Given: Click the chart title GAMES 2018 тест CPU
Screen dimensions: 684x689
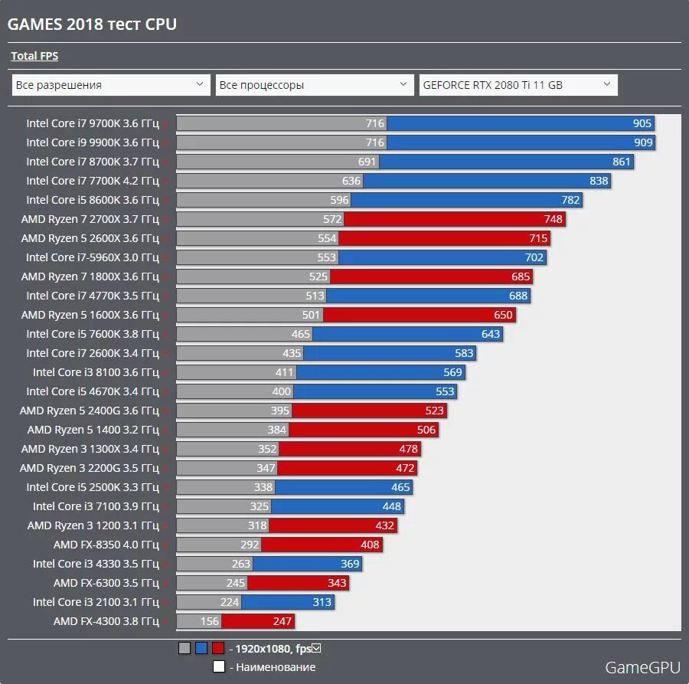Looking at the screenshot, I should click(92, 25).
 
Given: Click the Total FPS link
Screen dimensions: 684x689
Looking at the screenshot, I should click(34, 56).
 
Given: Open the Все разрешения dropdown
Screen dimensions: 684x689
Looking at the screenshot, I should click(111, 85).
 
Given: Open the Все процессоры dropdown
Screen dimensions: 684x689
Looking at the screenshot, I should click(315, 85).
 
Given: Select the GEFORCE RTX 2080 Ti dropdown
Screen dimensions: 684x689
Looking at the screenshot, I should click(518, 85).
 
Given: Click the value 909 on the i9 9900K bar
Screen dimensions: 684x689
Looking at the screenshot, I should click(643, 142).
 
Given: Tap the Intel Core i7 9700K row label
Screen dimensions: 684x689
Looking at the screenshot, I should click(93, 123).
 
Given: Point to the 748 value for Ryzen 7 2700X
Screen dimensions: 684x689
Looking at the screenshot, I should click(553, 219).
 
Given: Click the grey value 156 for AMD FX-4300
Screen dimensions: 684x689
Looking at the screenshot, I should click(209, 621).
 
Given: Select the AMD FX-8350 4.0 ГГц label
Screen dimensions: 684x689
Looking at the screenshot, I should click(106, 545).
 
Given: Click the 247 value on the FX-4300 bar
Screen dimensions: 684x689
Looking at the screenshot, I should click(283, 621).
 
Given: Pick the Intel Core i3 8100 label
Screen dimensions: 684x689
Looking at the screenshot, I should click(96, 372).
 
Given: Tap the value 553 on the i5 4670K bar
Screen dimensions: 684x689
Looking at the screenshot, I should click(445, 391).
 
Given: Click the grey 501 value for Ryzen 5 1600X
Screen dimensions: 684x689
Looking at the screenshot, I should click(311, 315).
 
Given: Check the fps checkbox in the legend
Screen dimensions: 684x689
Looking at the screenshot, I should click(316, 649).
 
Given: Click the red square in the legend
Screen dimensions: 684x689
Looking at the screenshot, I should click(218, 649).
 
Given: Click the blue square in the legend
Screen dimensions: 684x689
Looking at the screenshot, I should click(201, 649).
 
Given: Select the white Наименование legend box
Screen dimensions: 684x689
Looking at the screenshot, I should click(218, 666).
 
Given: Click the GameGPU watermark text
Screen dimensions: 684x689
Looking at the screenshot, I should click(642, 668).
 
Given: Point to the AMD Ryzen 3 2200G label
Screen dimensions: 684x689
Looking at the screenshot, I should click(90, 468).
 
